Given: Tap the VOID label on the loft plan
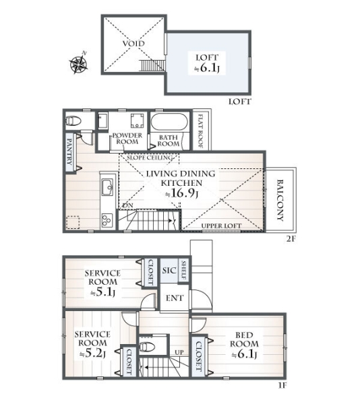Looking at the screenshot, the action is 133,43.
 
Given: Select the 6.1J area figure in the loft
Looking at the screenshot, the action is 207,68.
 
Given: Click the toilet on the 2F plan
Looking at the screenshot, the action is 73,121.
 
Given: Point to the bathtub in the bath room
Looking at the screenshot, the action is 169,123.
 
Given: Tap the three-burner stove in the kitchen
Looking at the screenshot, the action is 107,220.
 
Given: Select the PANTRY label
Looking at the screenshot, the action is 69,151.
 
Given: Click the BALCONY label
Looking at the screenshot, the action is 280,200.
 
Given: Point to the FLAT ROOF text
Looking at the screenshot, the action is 200,131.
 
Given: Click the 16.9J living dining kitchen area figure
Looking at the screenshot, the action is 182,194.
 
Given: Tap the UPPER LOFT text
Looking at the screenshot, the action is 221,226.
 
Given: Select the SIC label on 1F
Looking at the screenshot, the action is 169,270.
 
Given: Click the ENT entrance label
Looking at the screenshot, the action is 175,298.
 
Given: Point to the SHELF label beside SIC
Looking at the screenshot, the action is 184,271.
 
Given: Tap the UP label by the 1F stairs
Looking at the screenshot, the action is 179,352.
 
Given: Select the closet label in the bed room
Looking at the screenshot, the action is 199,356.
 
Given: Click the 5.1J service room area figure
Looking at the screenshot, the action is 102,292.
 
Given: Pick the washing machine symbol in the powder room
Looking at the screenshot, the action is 137,121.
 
